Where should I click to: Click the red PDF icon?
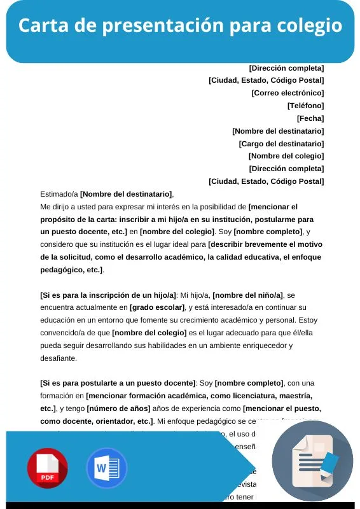click(47, 468)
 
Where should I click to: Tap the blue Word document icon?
click(106, 468)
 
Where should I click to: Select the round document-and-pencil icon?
click(312, 461)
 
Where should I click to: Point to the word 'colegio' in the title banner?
click(310, 26)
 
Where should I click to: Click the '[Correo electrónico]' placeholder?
click(287, 93)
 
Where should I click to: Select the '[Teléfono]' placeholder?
click(305, 106)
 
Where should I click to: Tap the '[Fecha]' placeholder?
click(310, 118)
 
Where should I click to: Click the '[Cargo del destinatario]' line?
click(281, 144)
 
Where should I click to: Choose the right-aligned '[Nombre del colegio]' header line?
click(286, 156)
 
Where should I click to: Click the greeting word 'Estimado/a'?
click(59, 194)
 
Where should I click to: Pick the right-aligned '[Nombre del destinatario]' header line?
click(278, 131)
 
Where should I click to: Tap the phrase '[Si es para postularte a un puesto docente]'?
click(118, 383)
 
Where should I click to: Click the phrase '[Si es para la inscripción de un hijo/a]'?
click(108, 295)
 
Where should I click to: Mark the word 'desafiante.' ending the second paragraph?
click(58, 358)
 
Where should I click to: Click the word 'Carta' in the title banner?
click(40, 26)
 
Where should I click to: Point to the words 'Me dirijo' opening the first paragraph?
click(55, 207)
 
